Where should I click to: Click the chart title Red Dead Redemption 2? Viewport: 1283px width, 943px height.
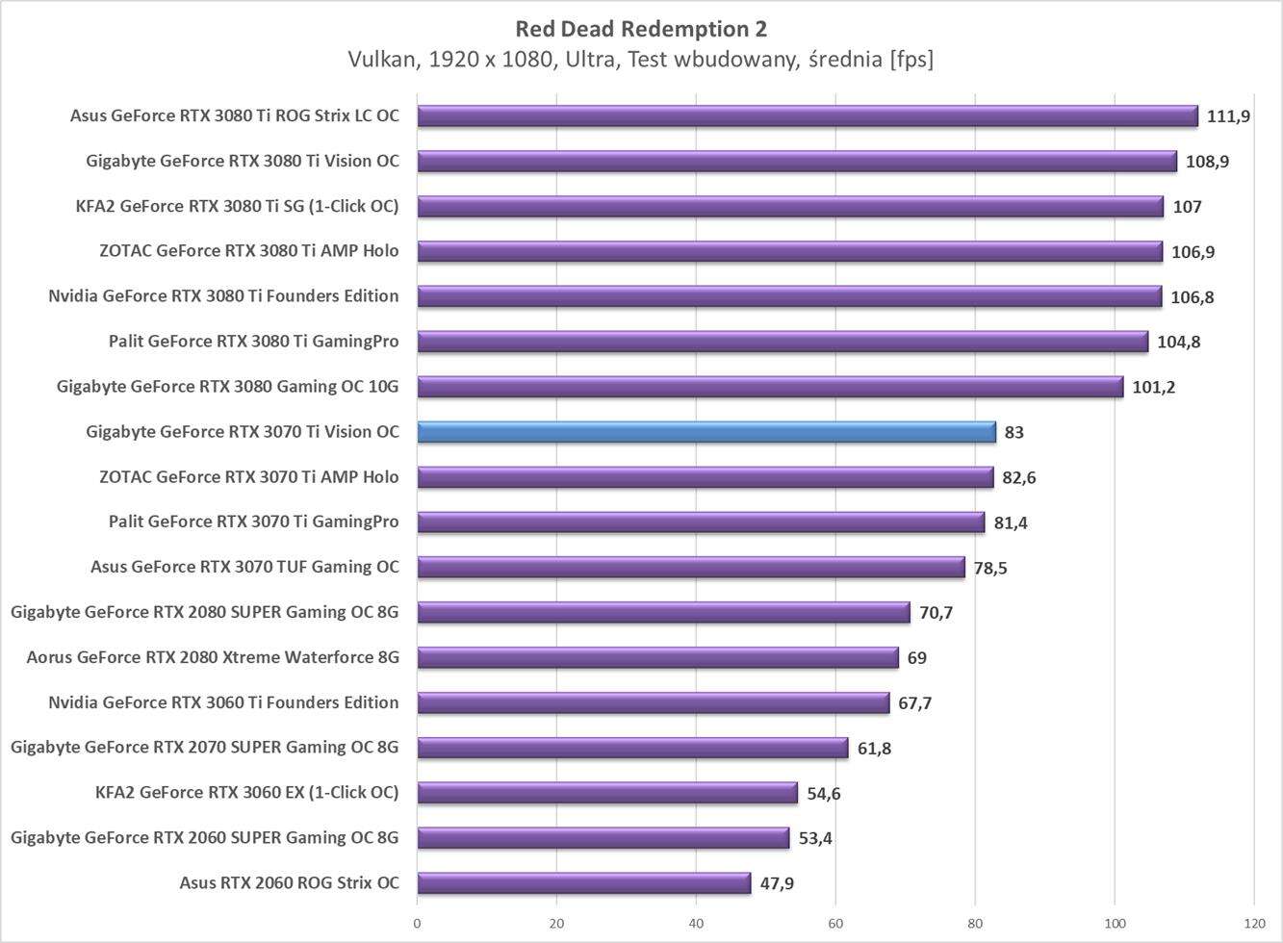click(641, 29)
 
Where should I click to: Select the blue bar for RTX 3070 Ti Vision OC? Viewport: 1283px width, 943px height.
click(706, 432)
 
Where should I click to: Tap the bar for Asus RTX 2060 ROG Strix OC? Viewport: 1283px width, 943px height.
click(583, 883)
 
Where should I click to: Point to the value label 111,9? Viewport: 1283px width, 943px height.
click(1228, 116)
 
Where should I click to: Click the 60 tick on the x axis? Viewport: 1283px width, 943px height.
click(835, 923)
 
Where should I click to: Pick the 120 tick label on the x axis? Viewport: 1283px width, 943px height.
click(1253, 923)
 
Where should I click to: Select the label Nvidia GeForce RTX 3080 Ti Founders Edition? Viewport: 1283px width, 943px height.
click(223, 296)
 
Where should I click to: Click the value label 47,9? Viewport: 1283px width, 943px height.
click(777, 883)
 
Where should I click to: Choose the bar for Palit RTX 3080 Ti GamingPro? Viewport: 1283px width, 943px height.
click(782, 342)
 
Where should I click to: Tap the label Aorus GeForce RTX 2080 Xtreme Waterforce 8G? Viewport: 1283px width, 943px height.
click(213, 658)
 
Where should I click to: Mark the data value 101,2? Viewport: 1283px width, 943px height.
click(1153, 387)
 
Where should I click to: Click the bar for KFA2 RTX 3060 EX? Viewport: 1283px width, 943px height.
click(607, 793)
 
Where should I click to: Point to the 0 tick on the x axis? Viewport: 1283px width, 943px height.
click(417, 923)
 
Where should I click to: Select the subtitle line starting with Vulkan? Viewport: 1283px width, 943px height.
click(641, 60)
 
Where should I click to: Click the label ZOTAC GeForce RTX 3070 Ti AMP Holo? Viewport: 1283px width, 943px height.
click(248, 477)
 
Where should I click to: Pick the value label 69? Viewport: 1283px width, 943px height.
click(916, 658)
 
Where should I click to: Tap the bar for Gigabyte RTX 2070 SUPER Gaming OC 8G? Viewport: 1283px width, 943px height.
click(632, 748)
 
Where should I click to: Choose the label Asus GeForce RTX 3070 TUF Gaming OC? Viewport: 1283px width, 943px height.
click(244, 568)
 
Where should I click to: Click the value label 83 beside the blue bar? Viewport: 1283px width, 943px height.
click(1014, 432)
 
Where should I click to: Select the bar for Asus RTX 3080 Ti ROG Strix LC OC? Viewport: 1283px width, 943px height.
click(807, 116)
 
